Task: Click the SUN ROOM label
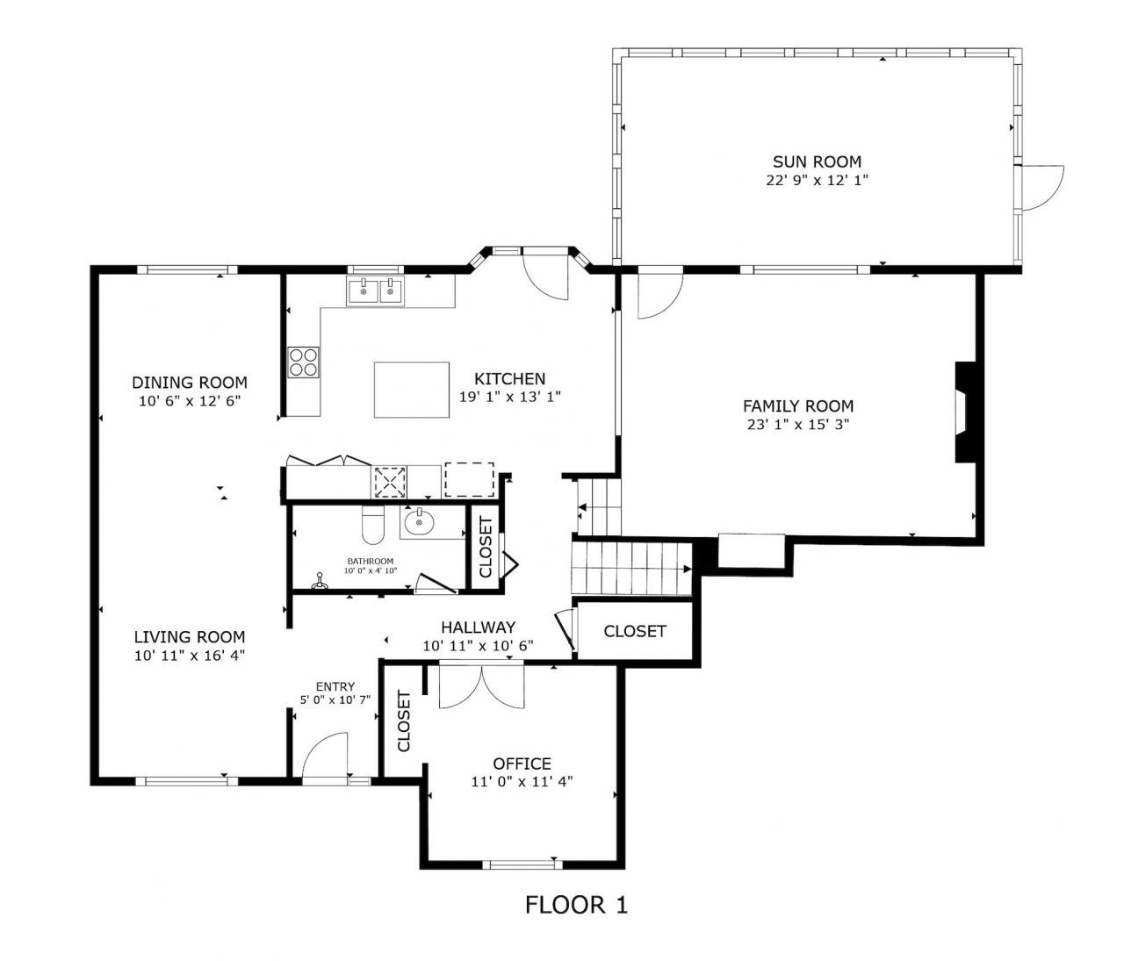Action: point(817,161)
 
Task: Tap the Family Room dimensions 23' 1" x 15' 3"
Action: point(797,424)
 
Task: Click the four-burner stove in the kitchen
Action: point(304,362)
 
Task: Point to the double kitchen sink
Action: point(375,290)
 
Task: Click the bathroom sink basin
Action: point(419,524)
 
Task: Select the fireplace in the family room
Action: point(965,412)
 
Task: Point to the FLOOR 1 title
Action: point(576,905)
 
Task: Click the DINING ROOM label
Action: point(190,383)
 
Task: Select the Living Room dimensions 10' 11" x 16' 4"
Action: point(189,655)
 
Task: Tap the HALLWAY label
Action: point(478,627)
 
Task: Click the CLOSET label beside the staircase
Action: point(635,631)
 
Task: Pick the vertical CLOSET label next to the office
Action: point(404,721)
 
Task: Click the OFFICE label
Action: point(522,764)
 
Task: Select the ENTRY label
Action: point(335,686)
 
